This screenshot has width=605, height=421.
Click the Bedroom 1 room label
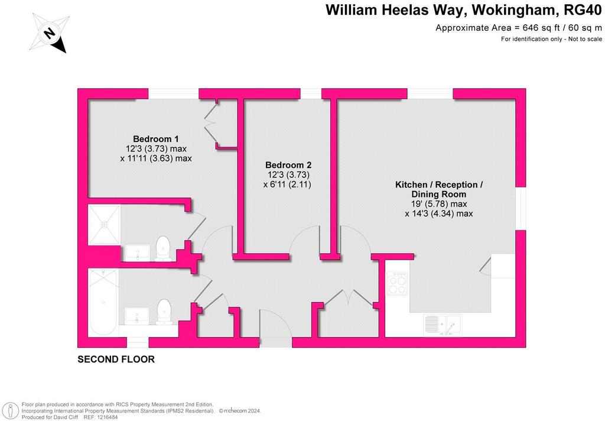(156, 139)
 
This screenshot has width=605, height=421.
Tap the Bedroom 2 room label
(288, 165)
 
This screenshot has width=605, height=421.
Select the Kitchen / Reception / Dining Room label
(439, 189)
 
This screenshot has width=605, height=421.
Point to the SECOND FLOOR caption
(116, 359)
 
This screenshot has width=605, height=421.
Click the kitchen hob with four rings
(397, 283)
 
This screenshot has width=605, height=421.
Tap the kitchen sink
(443, 325)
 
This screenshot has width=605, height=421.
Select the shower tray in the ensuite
(104, 225)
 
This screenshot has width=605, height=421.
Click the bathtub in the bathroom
(103, 302)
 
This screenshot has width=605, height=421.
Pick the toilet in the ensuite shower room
(163, 248)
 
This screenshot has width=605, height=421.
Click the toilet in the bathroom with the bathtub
(164, 311)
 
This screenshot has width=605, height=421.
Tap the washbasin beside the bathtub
(136, 316)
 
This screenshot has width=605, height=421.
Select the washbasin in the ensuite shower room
(138, 252)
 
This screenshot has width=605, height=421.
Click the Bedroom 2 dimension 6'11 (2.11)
(287, 184)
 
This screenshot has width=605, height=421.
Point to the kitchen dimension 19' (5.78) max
(438, 204)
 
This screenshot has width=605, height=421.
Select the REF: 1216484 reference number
(100, 417)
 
